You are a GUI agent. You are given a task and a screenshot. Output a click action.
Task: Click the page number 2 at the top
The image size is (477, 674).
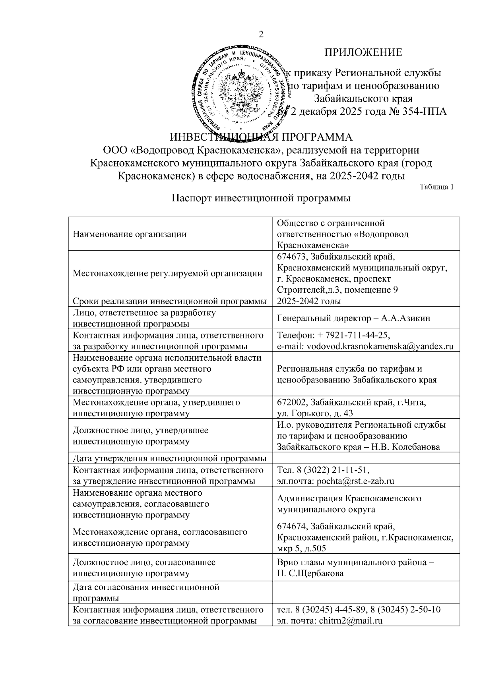(x=261, y=35)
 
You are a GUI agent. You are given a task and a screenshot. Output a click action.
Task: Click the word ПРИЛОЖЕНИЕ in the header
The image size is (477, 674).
(x=363, y=52)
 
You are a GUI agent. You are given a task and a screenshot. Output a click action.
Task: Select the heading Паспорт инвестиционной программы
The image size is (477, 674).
(x=261, y=198)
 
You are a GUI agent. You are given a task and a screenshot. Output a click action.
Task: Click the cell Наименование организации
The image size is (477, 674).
(x=130, y=234)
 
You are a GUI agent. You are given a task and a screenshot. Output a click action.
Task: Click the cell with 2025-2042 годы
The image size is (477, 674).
(x=309, y=301)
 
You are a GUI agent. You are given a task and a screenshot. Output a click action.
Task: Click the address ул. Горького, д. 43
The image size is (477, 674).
(x=315, y=413)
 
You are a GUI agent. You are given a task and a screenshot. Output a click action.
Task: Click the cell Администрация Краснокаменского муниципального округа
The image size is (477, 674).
(x=349, y=504)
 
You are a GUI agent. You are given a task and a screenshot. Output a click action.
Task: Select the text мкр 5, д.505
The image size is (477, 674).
(x=301, y=549)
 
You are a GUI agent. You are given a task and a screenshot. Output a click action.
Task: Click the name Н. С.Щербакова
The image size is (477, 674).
(x=310, y=574)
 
